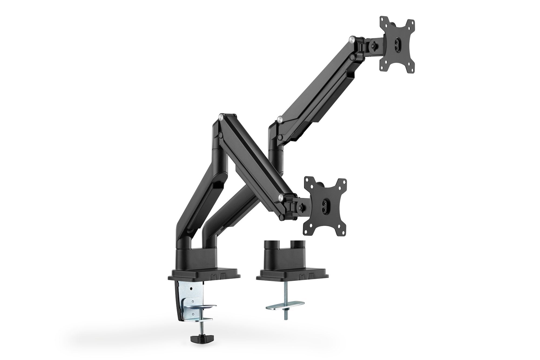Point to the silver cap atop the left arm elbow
(221, 117)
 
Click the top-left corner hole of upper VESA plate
(383, 26)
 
